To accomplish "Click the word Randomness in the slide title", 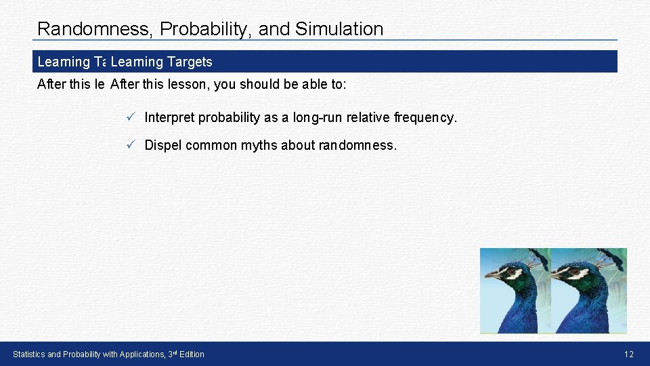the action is (93, 29).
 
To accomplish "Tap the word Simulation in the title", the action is (339, 29).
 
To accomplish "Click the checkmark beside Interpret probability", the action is (131, 117).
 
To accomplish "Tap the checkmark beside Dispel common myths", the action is (131, 144).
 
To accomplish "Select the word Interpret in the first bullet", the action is (169, 118).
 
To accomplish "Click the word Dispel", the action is (163, 145).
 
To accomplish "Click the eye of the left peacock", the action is (512, 271).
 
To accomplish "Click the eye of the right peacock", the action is (575, 271).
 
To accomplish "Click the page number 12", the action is (629, 354).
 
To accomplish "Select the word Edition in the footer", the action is (192, 354).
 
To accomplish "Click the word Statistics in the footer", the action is (29, 354).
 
